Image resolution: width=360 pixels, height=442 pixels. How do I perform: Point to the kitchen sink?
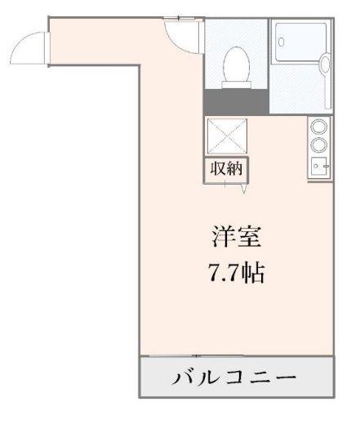[319, 167]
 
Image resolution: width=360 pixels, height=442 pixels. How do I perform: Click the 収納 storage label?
[227, 169]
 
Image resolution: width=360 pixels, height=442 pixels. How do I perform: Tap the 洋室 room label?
[237, 238]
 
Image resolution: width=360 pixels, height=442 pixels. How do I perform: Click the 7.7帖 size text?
[237, 272]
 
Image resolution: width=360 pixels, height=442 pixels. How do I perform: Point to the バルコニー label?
[236, 378]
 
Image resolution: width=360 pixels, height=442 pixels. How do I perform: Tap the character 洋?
[222, 238]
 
